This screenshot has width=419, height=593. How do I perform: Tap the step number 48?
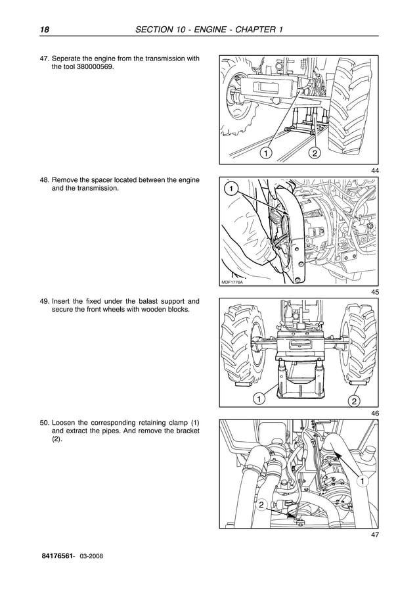45,179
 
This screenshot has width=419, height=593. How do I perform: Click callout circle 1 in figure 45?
231,189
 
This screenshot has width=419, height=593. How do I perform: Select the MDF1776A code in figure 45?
232,282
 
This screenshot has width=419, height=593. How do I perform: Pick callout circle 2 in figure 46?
353,401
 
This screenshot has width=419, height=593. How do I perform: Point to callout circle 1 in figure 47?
361,483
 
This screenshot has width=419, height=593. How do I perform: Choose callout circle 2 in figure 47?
261,505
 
